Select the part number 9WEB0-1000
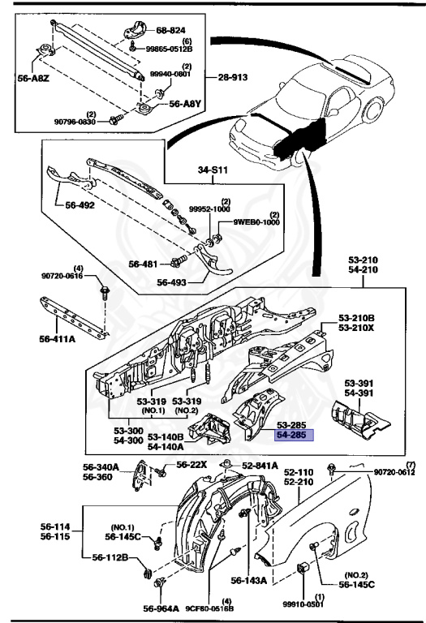pos(257,221)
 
